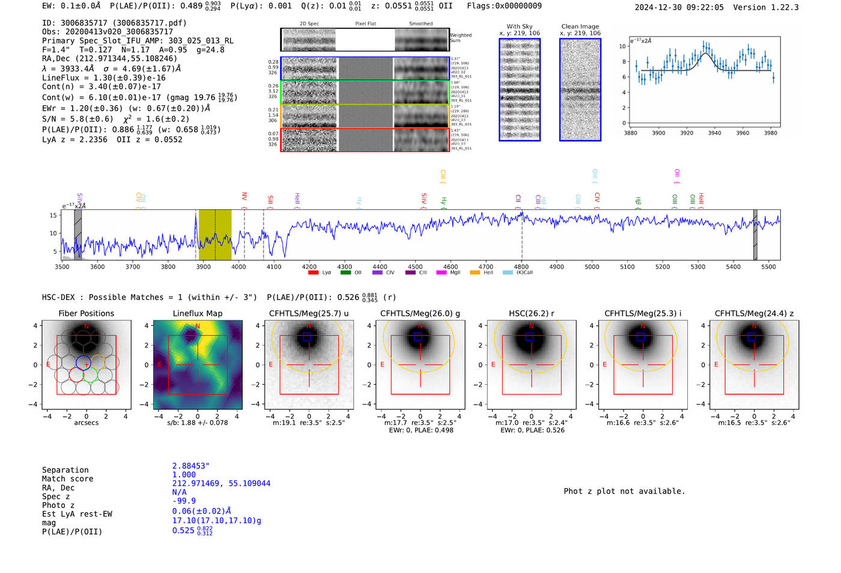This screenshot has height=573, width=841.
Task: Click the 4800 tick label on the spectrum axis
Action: click(x=521, y=267)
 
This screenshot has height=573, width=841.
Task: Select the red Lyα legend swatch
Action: click(x=313, y=273)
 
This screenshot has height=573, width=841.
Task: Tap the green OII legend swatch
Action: click(x=345, y=273)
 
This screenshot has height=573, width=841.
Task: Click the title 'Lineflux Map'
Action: click(x=198, y=313)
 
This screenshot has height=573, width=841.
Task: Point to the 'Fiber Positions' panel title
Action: click(x=87, y=313)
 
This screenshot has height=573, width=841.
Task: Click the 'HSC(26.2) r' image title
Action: click(x=532, y=313)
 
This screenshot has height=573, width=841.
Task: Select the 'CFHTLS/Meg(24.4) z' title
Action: click(x=754, y=313)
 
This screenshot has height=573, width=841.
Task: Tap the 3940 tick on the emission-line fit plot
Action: click(x=714, y=133)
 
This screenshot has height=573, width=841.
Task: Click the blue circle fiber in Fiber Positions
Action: click(x=83, y=363)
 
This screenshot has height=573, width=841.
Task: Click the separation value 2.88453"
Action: click(x=191, y=466)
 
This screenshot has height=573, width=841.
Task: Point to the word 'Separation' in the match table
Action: click(x=65, y=470)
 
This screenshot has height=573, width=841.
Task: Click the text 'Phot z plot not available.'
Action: click(x=624, y=491)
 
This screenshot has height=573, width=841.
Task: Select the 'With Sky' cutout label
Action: click(x=520, y=26)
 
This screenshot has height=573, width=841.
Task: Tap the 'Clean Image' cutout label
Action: click(x=580, y=26)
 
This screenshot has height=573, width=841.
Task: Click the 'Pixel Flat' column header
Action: click(x=365, y=24)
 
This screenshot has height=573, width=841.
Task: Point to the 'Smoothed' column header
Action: click(x=421, y=24)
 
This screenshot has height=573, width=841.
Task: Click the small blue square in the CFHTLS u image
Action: click(x=306, y=337)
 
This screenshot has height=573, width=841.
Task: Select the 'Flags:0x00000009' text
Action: click(x=504, y=6)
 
